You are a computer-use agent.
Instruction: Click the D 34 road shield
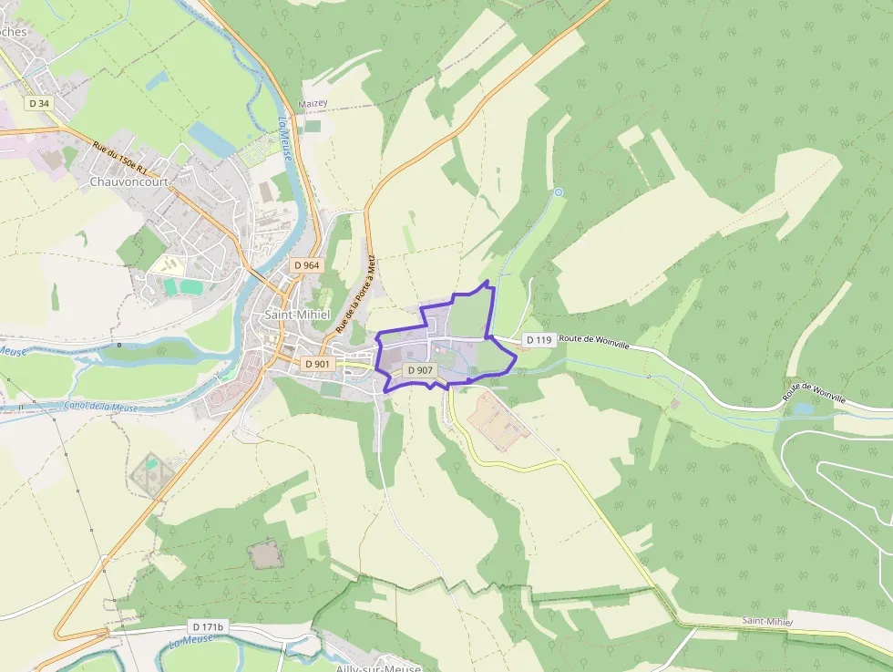pyautogui.click(x=39, y=103)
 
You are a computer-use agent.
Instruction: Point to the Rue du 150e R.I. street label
pyautogui.click(x=126, y=156)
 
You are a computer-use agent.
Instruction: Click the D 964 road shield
pyautogui.click(x=306, y=265)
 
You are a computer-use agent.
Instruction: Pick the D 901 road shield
pyautogui.click(x=317, y=363)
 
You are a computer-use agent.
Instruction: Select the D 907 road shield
pyautogui.click(x=420, y=370)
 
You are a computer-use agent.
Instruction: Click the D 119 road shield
pyautogui.click(x=539, y=340)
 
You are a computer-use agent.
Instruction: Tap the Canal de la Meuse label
pyautogui.click(x=101, y=407)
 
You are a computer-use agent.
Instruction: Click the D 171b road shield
pyautogui.click(x=208, y=627)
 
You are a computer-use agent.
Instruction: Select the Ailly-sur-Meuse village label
pyautogui.click(x=375, y=665)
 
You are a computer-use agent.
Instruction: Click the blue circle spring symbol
pyautogui.click(x=559, y=192)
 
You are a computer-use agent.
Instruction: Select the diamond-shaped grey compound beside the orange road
pyautogui.click(x=149, y=472)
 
